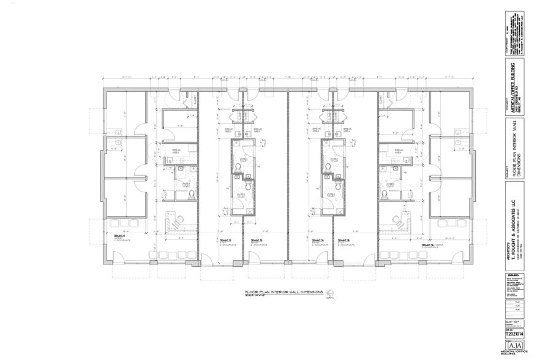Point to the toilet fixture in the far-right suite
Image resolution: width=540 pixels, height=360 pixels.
click(x=384, y=194)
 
